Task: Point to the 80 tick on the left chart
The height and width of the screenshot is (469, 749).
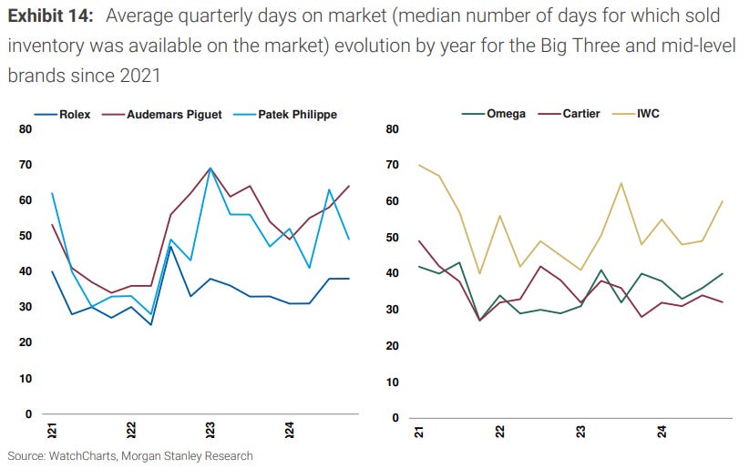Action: [x=25, y=129]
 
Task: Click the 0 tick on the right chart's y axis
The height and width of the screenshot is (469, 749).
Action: [x=393, y=418]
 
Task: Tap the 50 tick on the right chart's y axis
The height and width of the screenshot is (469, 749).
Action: [x=393, y=237]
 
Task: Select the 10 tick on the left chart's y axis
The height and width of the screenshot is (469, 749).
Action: [x=25, y=378]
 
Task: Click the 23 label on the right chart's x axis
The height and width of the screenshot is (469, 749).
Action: [x=580, y=431]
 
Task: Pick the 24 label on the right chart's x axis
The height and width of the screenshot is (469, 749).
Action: [x=660, y=431]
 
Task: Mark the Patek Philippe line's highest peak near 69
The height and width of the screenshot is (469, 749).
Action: [x=210, y=168]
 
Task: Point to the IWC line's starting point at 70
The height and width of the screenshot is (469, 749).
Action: [x=419, y=165]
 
